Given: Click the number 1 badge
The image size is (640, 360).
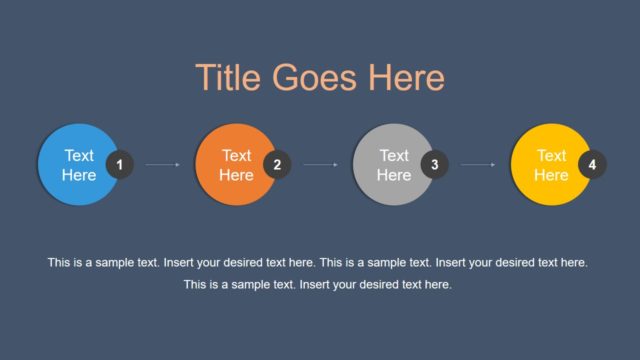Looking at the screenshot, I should [x=120, y=165].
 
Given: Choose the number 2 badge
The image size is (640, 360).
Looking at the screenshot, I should [x=277, y=165].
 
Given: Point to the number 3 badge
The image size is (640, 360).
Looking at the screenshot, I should [x=434, y=165].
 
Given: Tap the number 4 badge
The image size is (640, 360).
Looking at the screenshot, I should [x=592, y=165].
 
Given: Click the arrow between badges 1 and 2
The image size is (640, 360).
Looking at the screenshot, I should [x=163, y=165].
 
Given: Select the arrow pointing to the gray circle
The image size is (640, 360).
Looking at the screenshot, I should [x=320, y=165].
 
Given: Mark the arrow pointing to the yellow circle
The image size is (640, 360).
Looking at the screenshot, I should [x=478, y=165].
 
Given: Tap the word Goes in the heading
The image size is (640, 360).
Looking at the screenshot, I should [x=317, y=78].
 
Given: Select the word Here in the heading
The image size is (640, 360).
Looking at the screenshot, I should [x=407, y=78].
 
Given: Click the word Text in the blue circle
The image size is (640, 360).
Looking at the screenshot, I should [x=79, y=155].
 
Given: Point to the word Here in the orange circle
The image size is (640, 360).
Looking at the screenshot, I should [x=236, y=175].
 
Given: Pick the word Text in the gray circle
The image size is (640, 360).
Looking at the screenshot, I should [x=394, y=155].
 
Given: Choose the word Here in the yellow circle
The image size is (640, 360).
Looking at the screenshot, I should [x=551, y=175].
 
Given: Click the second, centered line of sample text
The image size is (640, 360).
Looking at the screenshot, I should [x=318, y=285].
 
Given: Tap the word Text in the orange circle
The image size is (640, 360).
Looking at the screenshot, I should [x=236, y=155].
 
